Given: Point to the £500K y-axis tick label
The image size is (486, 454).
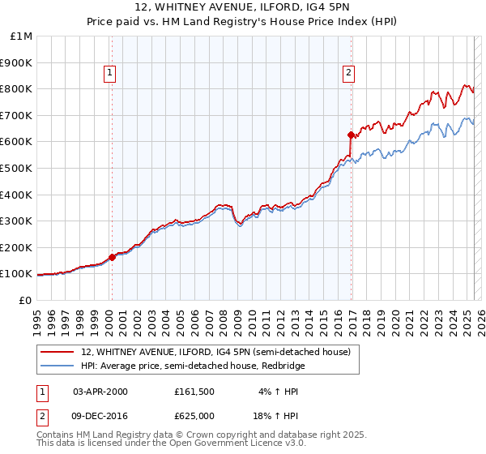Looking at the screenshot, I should coord(17,168).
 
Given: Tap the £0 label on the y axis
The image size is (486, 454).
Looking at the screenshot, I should coord(25,300).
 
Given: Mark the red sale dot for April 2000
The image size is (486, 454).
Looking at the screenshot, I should coord(112,257).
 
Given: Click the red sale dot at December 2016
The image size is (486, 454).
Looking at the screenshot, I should coord(351,135).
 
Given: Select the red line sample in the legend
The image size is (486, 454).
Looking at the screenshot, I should coord(58,352).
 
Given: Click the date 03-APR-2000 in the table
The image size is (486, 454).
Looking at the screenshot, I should coord(100,392).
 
